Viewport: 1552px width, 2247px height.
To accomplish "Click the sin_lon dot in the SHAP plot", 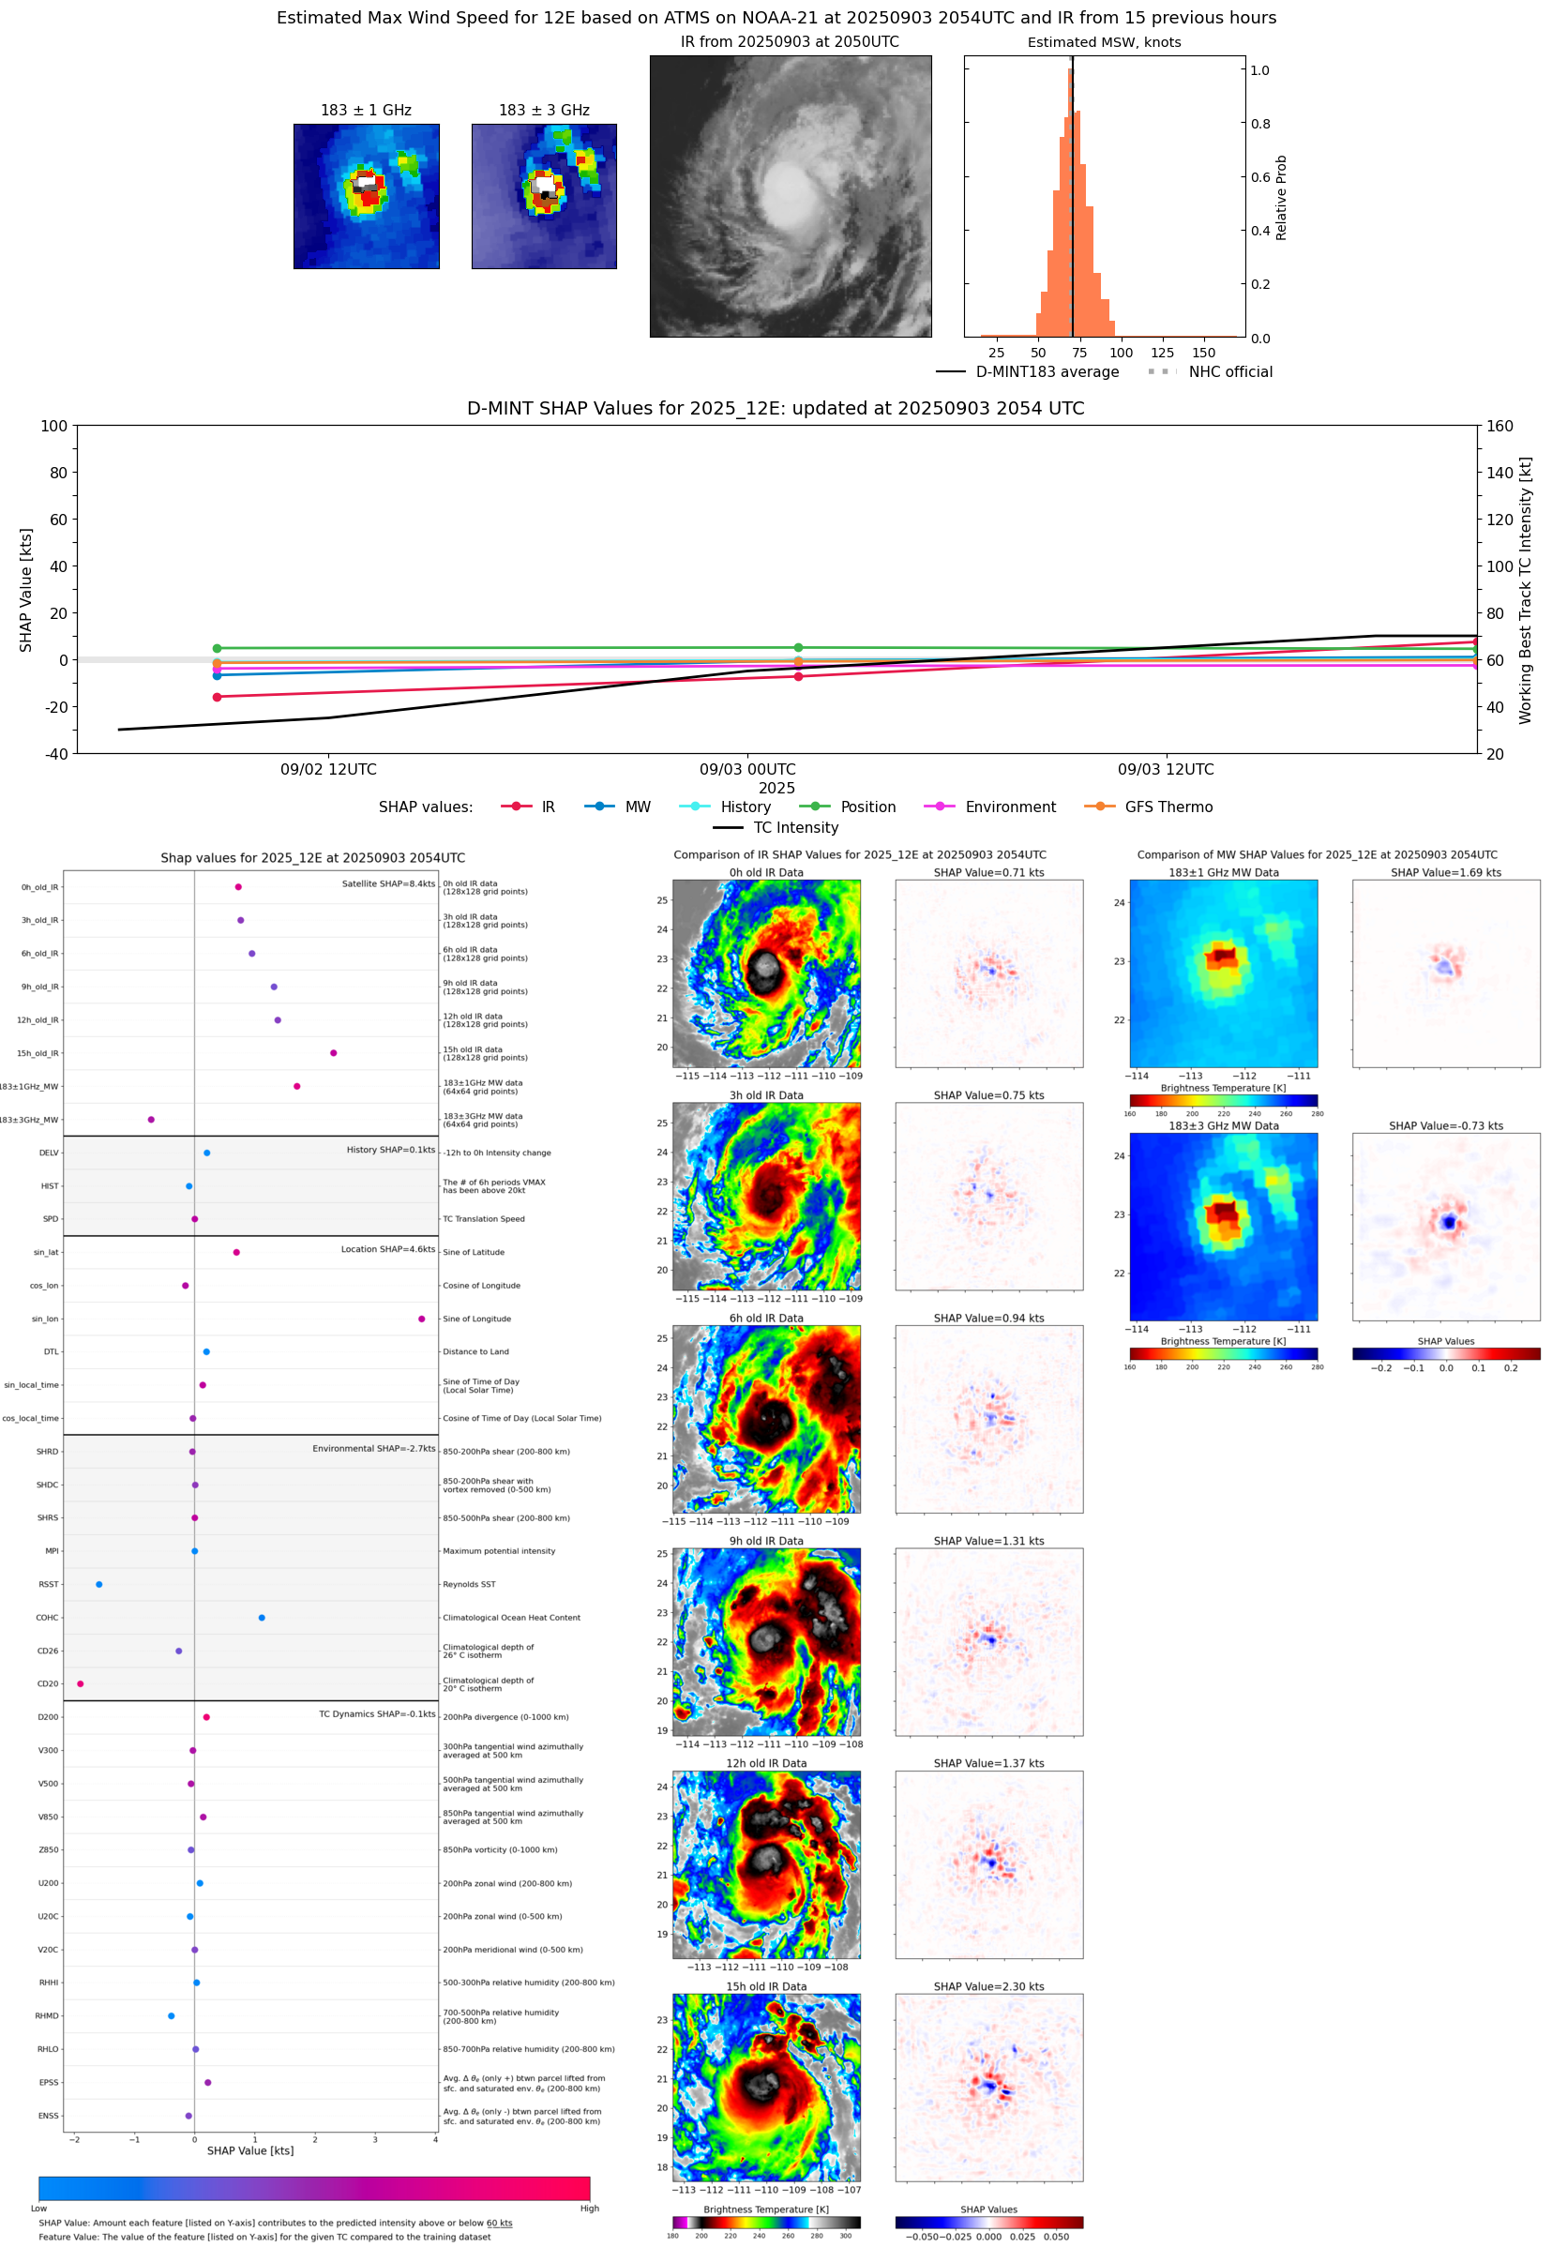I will [421, 1319].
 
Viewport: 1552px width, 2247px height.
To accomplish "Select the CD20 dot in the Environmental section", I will [80, 1683].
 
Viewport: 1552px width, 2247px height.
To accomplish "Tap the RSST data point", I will [99, 1584].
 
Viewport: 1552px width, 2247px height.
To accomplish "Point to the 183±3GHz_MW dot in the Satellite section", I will [151, 1119].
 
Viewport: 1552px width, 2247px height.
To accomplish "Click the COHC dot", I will [262, 1617].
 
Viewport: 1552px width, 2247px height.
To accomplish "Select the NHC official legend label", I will [1230, 371].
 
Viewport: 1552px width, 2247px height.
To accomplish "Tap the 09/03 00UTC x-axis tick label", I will [746, 769].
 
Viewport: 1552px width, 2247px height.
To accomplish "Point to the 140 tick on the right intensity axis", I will [1499, 473].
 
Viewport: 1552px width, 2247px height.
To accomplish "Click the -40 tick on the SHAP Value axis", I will [55, 754].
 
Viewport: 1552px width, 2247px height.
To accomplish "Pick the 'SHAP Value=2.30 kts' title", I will [988, 1986].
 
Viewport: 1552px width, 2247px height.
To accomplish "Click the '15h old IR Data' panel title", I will [766, 1986].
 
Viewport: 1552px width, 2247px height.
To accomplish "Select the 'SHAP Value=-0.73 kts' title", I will [1445, 1126].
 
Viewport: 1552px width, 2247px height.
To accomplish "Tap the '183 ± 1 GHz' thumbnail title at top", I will [366, 111].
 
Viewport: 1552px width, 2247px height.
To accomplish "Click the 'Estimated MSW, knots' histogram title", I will [1104, 43].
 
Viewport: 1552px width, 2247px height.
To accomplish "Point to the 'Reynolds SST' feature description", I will [469, 1584].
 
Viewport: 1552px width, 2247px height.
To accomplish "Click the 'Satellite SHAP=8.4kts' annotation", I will [388, 883].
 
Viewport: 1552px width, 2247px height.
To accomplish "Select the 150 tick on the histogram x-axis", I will [1203, 353].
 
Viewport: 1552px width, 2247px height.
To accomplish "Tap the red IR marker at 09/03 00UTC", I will [798, 676].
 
